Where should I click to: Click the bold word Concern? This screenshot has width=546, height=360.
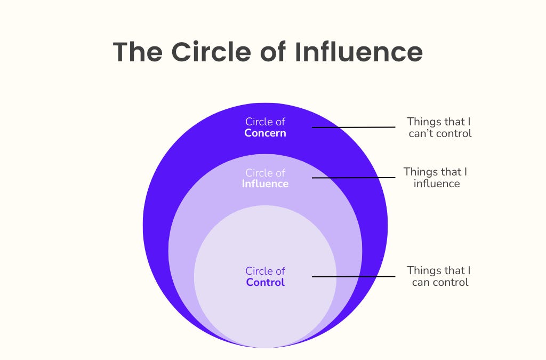[265, 133]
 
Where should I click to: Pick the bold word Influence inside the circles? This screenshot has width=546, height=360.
[265, 184]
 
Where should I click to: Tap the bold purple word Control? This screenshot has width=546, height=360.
[265, 282]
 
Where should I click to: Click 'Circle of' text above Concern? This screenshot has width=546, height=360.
[265, 122]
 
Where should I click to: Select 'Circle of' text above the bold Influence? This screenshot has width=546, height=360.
[265, 173]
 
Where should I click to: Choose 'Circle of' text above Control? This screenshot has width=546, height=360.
[265, 271]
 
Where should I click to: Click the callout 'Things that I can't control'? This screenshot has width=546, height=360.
[439, 127]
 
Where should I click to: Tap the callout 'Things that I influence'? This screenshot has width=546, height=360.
[436, 178]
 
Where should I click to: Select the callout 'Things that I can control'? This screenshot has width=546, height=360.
[439, 276]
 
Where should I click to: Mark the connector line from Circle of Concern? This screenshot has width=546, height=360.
[353, 127]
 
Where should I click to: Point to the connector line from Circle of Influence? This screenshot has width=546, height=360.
[353, 178]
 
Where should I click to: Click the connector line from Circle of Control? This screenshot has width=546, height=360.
[353, 276]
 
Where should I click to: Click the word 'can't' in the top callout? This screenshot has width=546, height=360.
[422, 133]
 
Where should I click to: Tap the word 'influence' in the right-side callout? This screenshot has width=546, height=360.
[436, 184]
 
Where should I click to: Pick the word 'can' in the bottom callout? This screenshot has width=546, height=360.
[421, 282]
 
